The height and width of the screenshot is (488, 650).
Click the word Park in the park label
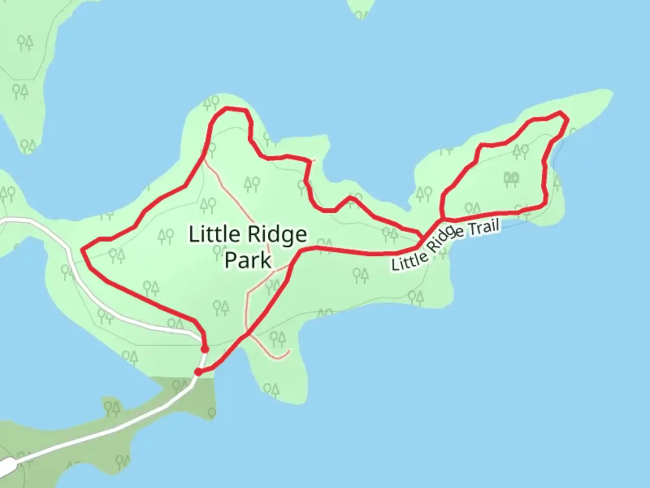(248, 260)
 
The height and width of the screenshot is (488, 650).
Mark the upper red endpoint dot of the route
(205, 349)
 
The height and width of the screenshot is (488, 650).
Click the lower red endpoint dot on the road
(198, 372)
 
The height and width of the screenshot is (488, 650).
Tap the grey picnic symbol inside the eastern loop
(511, 179)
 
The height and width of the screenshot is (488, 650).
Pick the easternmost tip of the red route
(567, 118)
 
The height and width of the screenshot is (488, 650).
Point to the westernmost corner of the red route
(82, 249)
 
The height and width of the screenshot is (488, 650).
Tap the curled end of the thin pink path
(288, 350)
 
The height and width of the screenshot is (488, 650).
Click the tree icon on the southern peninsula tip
(271, 389)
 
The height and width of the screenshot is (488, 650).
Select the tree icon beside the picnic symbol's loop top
(520, 151)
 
